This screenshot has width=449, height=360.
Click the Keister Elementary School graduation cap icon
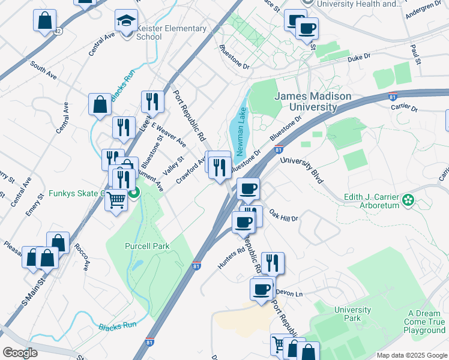coord(126,22)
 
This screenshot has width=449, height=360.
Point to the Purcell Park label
coord(147,246)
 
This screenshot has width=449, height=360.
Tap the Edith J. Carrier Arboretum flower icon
coord(409,199)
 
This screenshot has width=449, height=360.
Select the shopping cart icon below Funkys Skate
coord(116,200)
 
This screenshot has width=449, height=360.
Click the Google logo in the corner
coord(20,353)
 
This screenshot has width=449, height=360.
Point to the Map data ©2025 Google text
coord(411,355)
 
